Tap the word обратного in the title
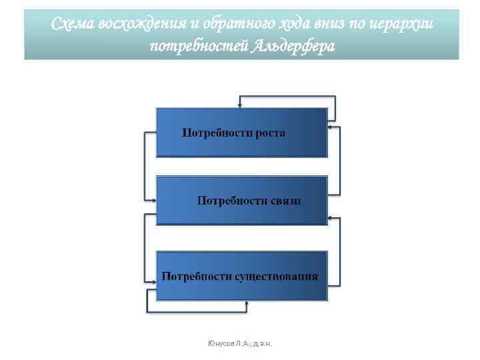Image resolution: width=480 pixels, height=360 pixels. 233,25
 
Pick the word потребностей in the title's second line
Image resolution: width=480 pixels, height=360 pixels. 198,47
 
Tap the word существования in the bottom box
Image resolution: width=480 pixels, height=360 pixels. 276,276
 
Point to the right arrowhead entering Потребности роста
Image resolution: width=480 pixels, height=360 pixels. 331,125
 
